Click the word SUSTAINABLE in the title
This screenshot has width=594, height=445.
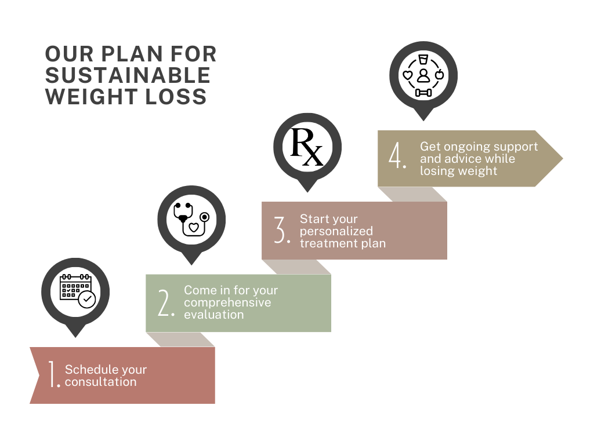pyautogui.click(x=128, y=75)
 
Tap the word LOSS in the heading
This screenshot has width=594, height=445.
pyautogui.click(x=180, y=96)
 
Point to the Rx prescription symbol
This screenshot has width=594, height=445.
pyautogui.click(x=307, y=147)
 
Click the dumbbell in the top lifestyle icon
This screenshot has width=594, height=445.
pyautogui.click(x=423, y=92)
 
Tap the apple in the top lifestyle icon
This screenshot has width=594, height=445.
pyautogui.click(x=439, y=74)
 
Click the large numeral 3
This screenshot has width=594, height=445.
pyautogui.click(x=282, y=230)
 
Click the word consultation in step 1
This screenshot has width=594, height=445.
pyautogui.click(x=101, y=382)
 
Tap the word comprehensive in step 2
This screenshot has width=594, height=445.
pyautogui.click(x=227, y=302)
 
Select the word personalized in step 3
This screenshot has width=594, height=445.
pyautogui.click(x=336, y=231)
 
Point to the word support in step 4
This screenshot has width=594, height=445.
pyautogui.click(x=516, y=146)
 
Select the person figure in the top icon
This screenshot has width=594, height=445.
pyautogui.click(x=423, y=75)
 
